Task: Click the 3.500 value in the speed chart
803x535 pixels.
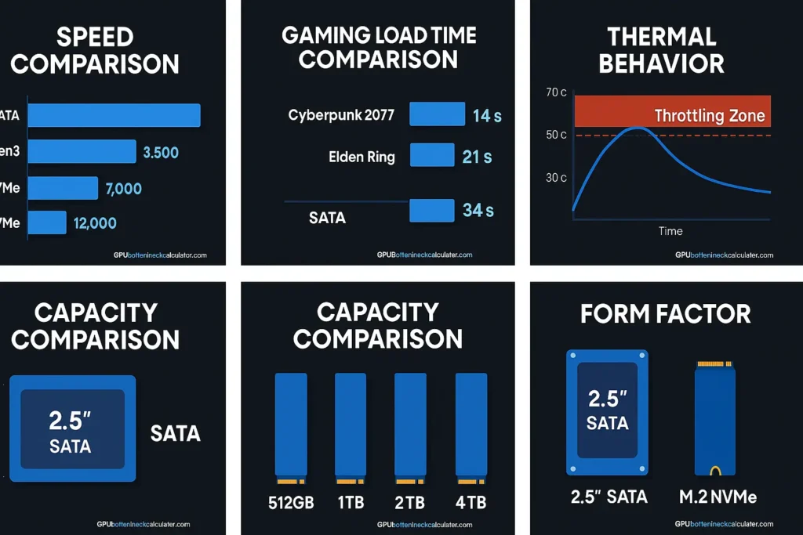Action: point(162,152)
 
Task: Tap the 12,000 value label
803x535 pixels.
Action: point(95,223)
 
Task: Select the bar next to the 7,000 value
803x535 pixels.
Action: point(64,188)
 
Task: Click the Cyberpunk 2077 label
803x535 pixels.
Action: point(341,115)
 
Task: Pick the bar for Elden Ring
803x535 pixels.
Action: point(432,155)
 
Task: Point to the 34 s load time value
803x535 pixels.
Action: point(478,211)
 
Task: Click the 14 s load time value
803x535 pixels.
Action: point(486,116)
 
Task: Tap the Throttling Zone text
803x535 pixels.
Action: point(709,116)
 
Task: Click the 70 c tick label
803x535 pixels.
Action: point(556,92)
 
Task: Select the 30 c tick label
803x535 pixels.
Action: point(556,178)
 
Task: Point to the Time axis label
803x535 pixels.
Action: point(670,231)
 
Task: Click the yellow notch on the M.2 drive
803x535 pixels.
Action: point(714,471)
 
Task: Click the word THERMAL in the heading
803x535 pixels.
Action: point(662,37)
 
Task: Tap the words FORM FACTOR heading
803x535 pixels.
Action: point(665,314)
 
